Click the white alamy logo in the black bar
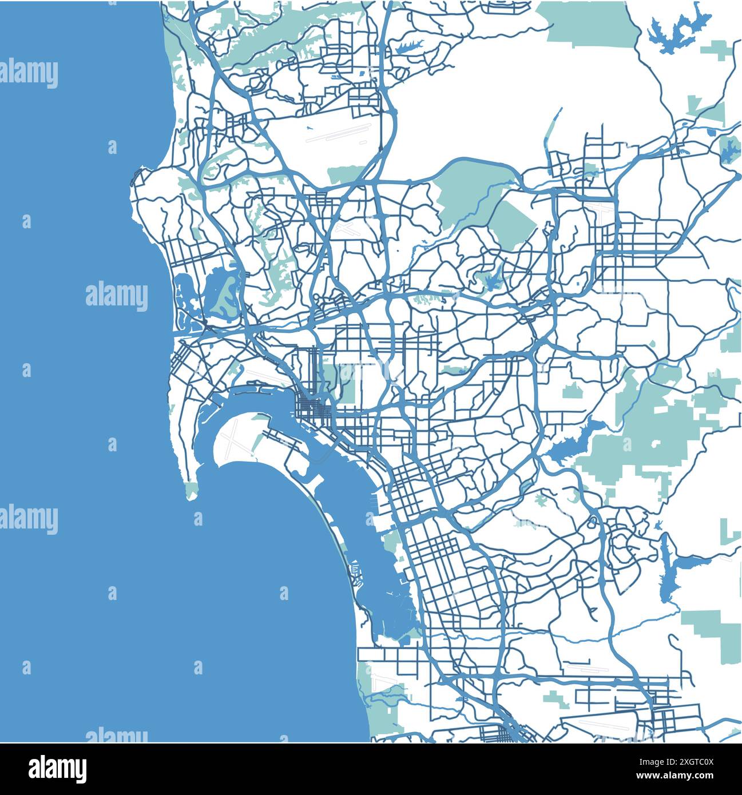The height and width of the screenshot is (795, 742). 57,769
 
